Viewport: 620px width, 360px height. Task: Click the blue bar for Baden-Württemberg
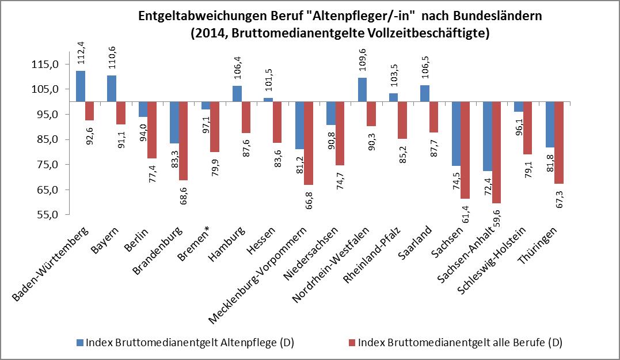81,86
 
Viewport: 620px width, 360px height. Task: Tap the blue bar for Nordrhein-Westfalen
363,90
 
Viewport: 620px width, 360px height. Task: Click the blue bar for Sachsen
457,134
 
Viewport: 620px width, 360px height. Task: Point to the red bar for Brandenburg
184,141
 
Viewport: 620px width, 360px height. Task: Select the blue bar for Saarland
425,93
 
